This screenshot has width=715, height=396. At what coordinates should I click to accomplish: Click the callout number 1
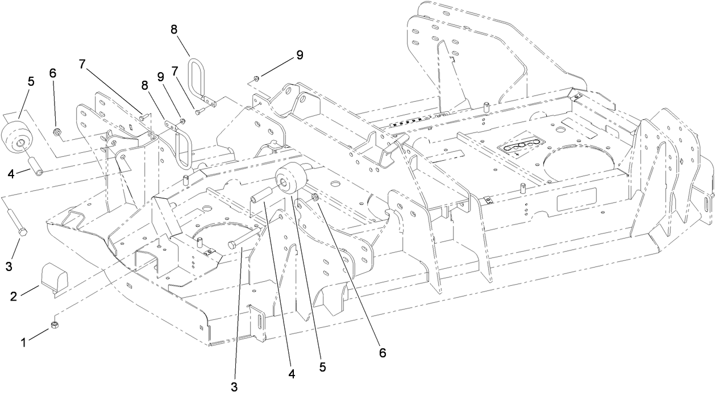click(x=23, y=343)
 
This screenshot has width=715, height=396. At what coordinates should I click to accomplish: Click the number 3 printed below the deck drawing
click(x=234, y=387)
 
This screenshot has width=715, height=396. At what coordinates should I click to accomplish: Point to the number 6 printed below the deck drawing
click(x=383, y=352)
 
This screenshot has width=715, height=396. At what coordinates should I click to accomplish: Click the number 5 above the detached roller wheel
click(x=31, y=81)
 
